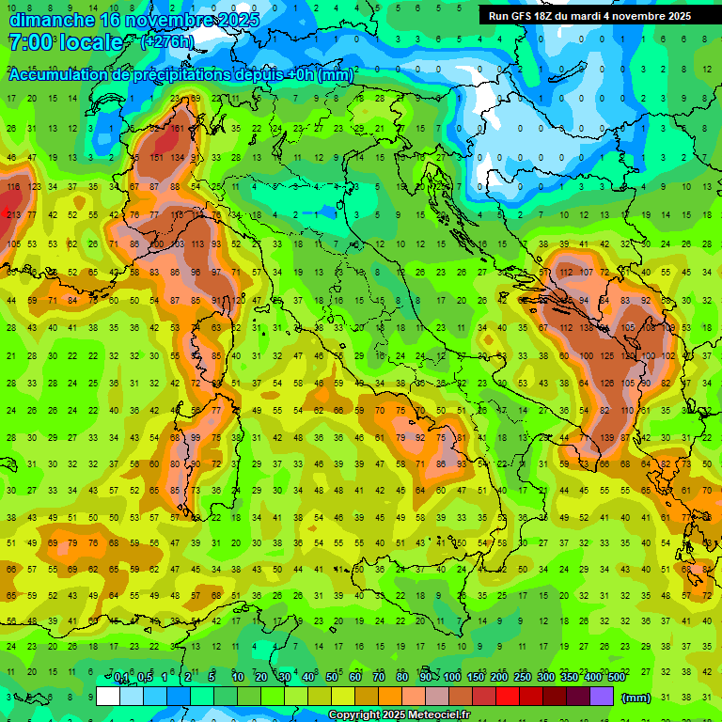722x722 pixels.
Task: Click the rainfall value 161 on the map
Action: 177,129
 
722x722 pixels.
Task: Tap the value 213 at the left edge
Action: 12,215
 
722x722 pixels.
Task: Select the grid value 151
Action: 156,158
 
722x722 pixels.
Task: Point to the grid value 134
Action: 177,158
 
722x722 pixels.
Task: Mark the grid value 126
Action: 606,384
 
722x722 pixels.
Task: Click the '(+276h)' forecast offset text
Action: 167,41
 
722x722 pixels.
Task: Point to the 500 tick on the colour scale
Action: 616,678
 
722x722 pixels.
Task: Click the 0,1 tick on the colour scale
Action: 120,678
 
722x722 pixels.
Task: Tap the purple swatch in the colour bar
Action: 602,696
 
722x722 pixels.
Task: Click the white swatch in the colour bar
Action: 107,696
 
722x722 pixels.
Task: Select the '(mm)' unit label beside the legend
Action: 636,697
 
